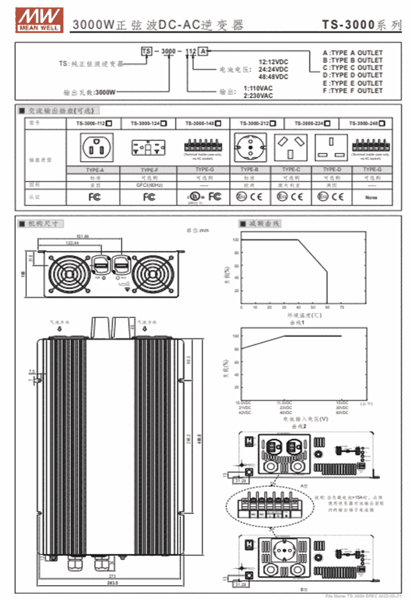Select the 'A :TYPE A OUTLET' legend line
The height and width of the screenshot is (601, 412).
(353, 53)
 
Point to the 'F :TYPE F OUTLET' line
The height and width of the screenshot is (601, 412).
(353, 91)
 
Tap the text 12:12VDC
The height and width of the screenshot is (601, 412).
(273, 62)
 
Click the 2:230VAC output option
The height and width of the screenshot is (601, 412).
(258, 96)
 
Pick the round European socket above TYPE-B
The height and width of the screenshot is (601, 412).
(250, 147)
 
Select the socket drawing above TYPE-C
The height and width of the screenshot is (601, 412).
(291, 147)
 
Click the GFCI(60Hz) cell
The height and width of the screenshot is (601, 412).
(148, 185)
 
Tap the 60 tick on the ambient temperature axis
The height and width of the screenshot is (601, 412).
(327, 307)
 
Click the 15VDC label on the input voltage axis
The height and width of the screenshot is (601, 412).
(342, 403)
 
